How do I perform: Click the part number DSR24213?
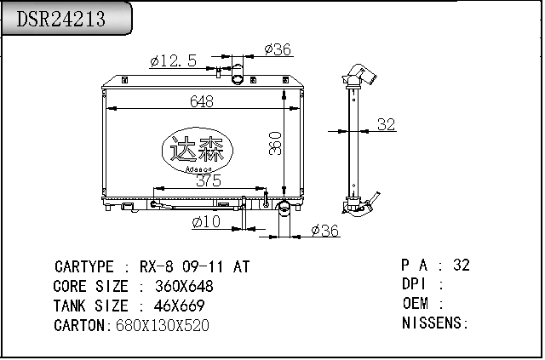tap(60, 19)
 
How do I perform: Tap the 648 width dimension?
tap(202, 101)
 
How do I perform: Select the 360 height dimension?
tap(275, 143)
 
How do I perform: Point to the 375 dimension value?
tap(209, 180)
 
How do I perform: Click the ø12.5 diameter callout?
tap(174, 60)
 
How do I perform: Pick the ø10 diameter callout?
tap(206, 221)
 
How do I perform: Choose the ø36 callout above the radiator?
tap(278, 49)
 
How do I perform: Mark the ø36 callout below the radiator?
tap(324, 231)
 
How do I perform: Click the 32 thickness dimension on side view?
tap(386, 124)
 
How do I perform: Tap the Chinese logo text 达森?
tap(197, 149)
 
